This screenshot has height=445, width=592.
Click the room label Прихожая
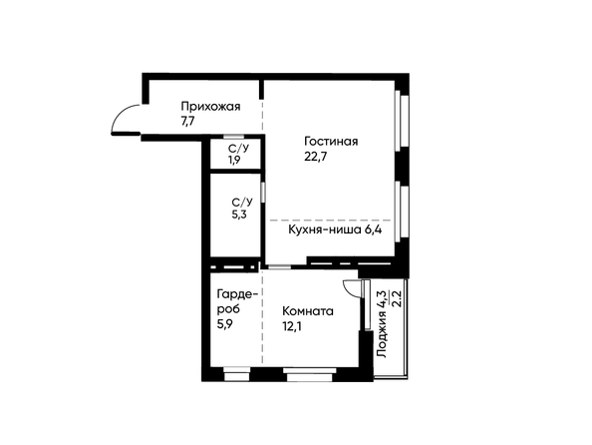click(210, 107)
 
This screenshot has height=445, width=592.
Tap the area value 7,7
click(187, 122)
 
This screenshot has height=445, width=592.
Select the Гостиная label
click(331, 142)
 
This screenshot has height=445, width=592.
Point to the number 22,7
click(315, 157)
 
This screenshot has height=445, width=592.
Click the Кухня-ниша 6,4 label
click(335, 229)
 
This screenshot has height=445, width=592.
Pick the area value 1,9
click(233, 160)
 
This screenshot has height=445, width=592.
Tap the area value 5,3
click(239, 216)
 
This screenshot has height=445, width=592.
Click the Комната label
click(308, 311)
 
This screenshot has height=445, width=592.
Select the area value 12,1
click(292, 326)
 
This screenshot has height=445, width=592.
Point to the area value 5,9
click(224, 324)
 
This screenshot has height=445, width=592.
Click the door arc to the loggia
click(350, 288)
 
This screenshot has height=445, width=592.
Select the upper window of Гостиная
click(402, 120)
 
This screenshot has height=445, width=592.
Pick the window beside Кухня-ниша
click(402, 212)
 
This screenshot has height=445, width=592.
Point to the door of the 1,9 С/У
click(233, 137)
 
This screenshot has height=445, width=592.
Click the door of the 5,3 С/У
click(263, 192)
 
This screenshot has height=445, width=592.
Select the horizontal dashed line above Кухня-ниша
click(330, 220)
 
